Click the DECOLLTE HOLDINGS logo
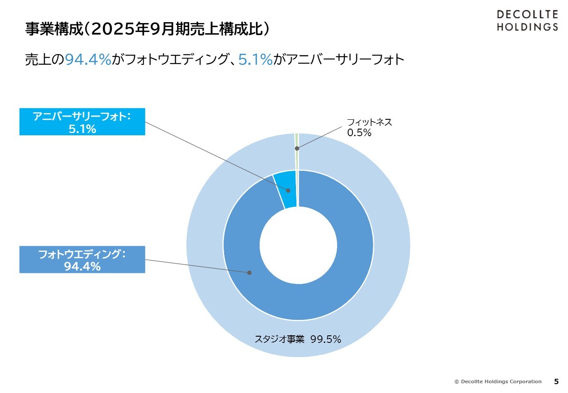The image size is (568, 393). [527, 21]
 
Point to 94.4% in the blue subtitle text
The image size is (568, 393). [88, 59]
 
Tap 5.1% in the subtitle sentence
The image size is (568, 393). [255, 59]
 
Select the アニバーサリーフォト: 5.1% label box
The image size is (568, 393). [82, 122]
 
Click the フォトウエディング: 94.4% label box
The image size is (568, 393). [82, 259]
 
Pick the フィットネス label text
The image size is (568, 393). [369, 122]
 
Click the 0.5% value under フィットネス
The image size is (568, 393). [359, 133]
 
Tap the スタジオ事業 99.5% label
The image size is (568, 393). [298, 339]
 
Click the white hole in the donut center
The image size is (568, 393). [298, 245]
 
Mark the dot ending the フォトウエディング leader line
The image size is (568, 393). [249, 272]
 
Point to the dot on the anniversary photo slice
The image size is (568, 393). [288, 190]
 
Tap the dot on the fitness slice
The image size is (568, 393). [297, 148]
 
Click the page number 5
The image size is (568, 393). [556, 381]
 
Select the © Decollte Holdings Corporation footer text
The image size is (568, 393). [498, 381]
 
